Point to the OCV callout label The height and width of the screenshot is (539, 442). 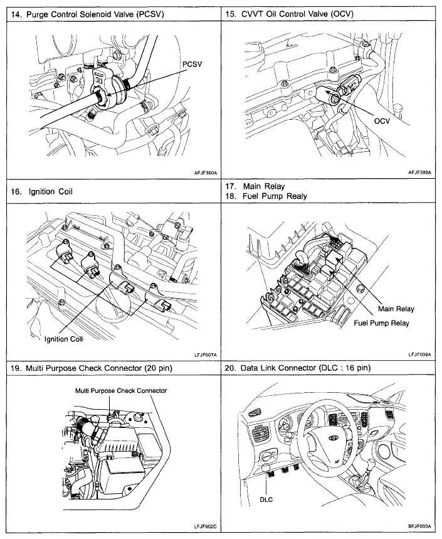click(381, 121)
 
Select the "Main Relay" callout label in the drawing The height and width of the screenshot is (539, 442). click(396, 309)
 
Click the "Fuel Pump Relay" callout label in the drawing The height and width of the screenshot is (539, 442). click(381, 323)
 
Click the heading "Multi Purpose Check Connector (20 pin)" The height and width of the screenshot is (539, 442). click(94, 368)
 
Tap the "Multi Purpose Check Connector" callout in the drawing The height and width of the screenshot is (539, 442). click(121, 390)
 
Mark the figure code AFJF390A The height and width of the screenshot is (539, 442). click(201, 171)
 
